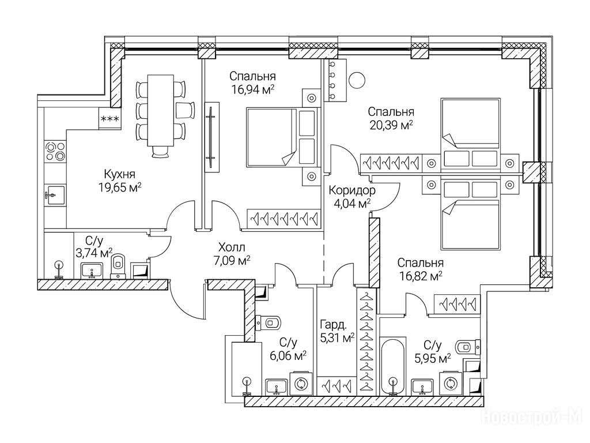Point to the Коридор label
pyautogui.click(x=351, y=190)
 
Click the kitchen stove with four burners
pyautogui.click(x=55, y=151)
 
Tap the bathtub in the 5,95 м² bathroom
pyautogui.click(x=393, y=367)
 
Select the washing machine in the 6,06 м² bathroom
pyautogui.click(x=300, y=384)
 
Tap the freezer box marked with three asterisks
pyautogui.click(x=110, y=119)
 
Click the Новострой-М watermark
pyautogui.click(x=534, y=417)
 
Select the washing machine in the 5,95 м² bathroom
pyautogui.click(x=450, y=383)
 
